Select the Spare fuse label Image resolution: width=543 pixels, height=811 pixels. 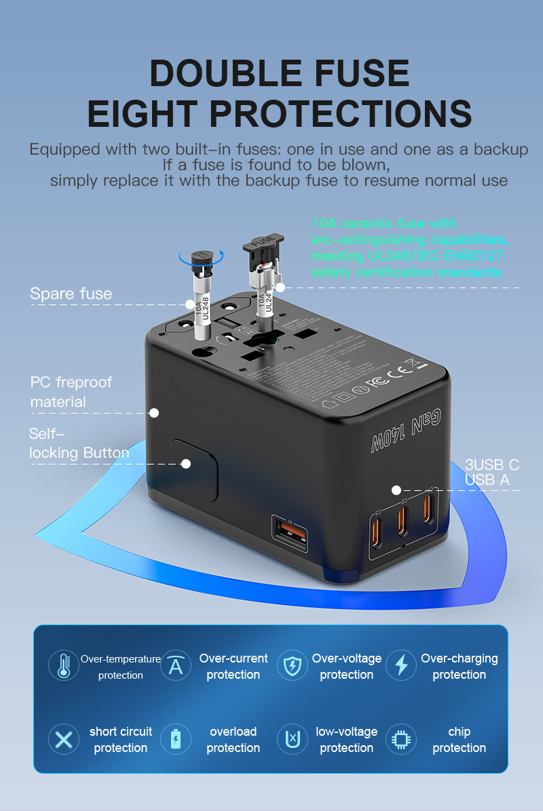pos(71,294)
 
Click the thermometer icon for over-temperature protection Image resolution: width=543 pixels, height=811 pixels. pos(64,665)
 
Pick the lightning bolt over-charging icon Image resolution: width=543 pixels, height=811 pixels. pos(401,665)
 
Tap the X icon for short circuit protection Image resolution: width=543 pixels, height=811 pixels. pos(64,739)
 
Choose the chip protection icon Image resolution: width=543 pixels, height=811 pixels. pos(401,739)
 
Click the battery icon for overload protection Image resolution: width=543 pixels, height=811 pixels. pos(176,739)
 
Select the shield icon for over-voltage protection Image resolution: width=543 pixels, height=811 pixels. pos(293,665)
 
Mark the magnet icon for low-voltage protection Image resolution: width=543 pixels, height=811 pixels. pos(293,739)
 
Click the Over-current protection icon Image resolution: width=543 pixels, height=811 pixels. pos(176,665)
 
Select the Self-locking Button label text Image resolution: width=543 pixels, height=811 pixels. pos(79,443)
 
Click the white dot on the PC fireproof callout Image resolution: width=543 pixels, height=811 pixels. pos(154,412)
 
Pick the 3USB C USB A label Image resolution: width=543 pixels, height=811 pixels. pos(491,473)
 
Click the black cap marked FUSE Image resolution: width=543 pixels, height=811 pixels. pos(263,243)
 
